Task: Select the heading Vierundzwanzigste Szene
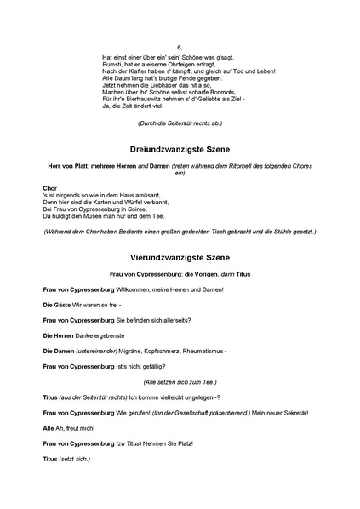tap(180, 256)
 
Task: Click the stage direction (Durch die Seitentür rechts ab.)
tap(180, 123)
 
